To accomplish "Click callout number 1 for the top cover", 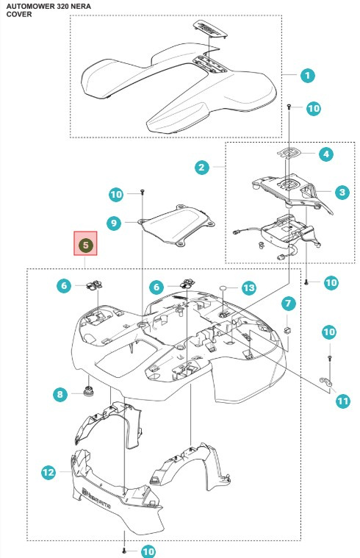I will tap(308, 75).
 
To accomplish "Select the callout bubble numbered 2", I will tap(201, 168).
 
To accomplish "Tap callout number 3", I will tap(341, 193).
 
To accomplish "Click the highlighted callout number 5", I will tap(85, 244).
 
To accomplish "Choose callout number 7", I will tap(288, 303).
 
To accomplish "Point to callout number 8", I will tap(60, 394).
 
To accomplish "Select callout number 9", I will tap(112, 222).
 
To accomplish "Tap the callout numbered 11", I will tap(342, 401).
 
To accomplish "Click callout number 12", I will tap(48, 473).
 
